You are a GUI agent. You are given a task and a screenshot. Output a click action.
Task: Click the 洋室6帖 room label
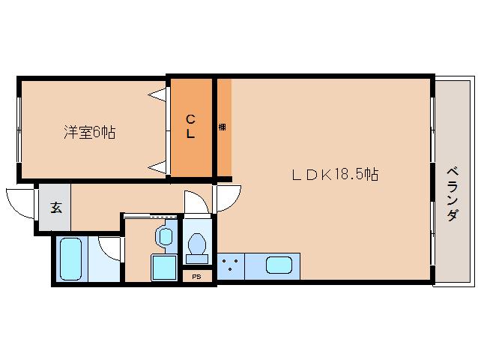pos(89,132)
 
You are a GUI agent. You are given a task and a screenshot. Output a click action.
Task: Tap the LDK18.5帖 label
pos(334,175)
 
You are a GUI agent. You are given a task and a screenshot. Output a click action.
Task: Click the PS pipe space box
pos(197,276)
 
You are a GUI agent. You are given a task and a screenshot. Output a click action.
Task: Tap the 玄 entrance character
pos(55,208)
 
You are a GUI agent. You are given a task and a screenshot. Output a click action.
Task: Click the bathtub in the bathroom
pos(70,258)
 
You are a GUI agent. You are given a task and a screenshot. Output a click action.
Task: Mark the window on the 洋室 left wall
pos(19,127)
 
